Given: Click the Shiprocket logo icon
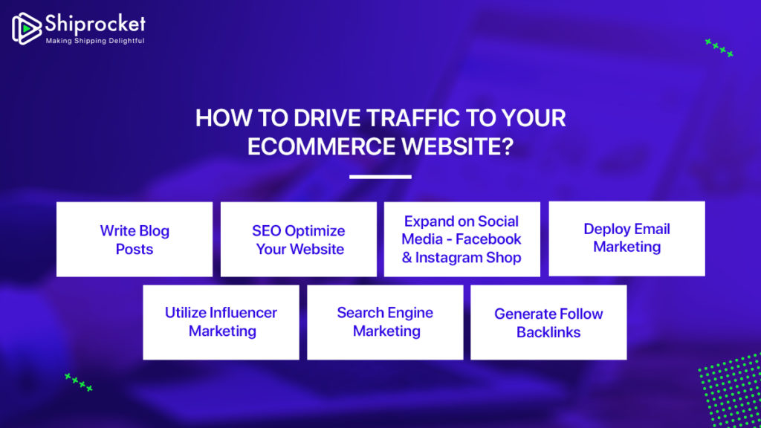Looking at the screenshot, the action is point(27,29).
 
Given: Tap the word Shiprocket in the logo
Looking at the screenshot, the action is point(95,23).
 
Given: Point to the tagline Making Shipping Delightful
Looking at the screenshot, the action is point(95,41).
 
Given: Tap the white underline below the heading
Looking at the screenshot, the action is point(380,177).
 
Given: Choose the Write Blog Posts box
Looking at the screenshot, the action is point(135,239).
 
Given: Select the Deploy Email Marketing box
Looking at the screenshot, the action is point(626,239).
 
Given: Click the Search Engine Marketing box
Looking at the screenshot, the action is point(385,322).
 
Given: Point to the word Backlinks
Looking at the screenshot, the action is point(548,332).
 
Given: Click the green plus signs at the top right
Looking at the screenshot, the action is point(719,48).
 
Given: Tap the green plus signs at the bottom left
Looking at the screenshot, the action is point(79,382).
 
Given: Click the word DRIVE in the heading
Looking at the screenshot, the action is point(327,118).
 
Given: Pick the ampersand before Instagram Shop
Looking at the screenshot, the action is point(407,258).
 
